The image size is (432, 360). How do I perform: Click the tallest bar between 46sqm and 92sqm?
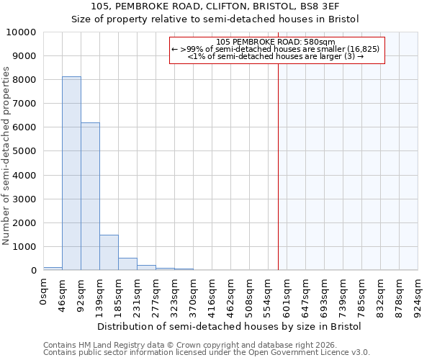point(71,173)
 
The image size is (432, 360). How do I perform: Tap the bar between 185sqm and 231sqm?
point(127,264)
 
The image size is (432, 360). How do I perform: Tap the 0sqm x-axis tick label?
point(44,294)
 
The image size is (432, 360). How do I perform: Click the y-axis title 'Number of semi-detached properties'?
point(7,156)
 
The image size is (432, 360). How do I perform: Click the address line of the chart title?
point(215,6)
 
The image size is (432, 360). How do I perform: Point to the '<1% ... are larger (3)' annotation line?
point(276,55)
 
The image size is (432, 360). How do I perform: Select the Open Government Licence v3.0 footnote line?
point(207,353)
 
